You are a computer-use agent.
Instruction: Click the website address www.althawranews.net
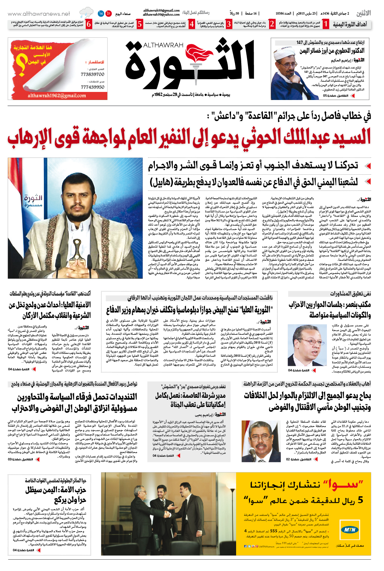coord(39,14)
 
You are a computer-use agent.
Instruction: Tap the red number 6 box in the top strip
coord(89,25)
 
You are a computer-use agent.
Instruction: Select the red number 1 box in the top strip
coord(326,25)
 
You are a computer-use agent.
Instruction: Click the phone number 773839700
coord(93,74)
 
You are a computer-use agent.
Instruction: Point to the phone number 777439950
coord(93,87)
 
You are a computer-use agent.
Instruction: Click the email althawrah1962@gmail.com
coord(57,96)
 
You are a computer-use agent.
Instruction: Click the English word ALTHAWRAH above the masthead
coord(163,45)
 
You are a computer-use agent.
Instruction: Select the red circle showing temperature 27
coord(108,14)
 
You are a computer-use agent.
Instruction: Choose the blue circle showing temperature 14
coord(101,14)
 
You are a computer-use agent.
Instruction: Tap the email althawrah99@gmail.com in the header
coord(161,11)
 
